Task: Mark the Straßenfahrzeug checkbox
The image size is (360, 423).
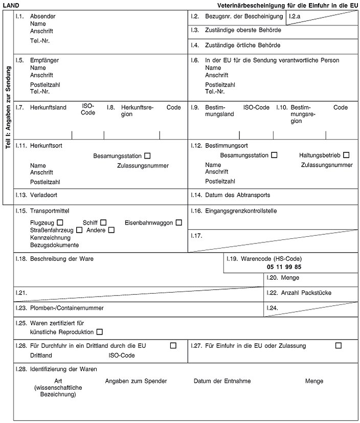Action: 79,230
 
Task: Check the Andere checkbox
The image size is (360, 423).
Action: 111,230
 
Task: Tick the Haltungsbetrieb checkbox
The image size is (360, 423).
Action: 347,155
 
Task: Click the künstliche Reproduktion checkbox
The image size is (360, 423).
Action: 99,332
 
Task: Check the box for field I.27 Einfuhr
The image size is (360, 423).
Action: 338,346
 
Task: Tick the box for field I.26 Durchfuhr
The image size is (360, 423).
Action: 173,346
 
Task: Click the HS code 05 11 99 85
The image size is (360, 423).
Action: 284,267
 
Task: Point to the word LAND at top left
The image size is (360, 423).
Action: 11,5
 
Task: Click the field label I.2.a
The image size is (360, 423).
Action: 294,17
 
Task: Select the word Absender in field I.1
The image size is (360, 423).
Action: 43,16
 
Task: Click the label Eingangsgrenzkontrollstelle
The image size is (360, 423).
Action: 241,210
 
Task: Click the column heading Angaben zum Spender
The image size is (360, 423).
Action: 136,381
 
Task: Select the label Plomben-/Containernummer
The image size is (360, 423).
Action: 67,308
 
